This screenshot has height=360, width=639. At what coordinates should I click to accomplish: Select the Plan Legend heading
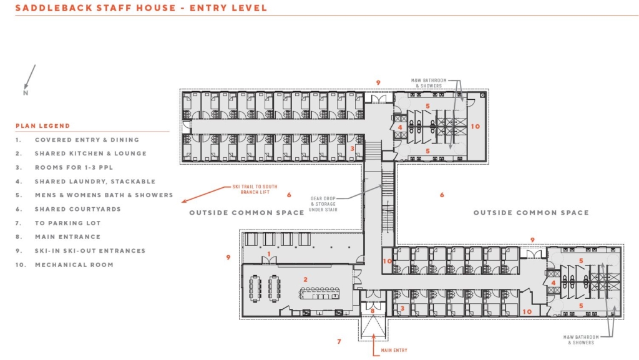point(43,125)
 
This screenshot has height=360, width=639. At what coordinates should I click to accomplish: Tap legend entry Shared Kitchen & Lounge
point(90,153)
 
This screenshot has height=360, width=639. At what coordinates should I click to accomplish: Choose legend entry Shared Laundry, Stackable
point(95,182)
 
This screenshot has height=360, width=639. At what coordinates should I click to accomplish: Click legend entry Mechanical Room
point(74,265)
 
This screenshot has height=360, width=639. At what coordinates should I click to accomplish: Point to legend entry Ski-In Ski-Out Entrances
point(90,251)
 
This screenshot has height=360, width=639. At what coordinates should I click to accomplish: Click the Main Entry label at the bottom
point(394,350)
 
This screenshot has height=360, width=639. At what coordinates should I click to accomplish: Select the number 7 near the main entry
point(339,341)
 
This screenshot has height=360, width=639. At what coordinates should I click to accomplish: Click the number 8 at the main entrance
point(373,310)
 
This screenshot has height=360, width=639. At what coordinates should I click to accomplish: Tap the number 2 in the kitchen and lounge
point(306,279)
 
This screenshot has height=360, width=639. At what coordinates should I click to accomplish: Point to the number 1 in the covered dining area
point(268,253)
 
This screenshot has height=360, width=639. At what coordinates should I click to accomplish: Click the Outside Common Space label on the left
point(247,213)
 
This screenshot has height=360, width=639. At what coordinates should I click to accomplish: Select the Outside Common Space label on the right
point(530,213)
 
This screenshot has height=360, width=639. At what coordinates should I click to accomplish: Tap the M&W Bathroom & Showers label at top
point(428,83)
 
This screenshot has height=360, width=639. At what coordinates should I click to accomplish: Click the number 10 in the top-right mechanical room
point(476,127)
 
